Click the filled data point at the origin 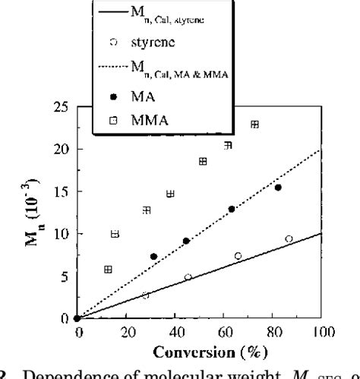tap(77, 318)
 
